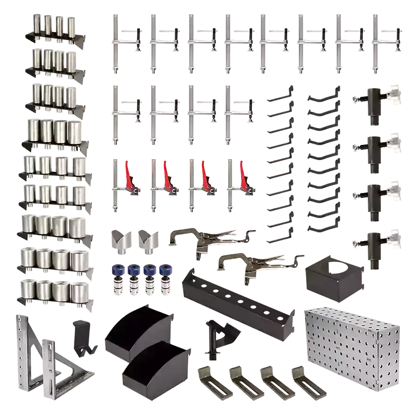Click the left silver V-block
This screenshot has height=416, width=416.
(121, 240)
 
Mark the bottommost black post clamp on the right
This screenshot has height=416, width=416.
(374, 245)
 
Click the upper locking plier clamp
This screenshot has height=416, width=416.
(203, 238)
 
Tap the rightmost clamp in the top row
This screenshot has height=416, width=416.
(384, 42)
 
